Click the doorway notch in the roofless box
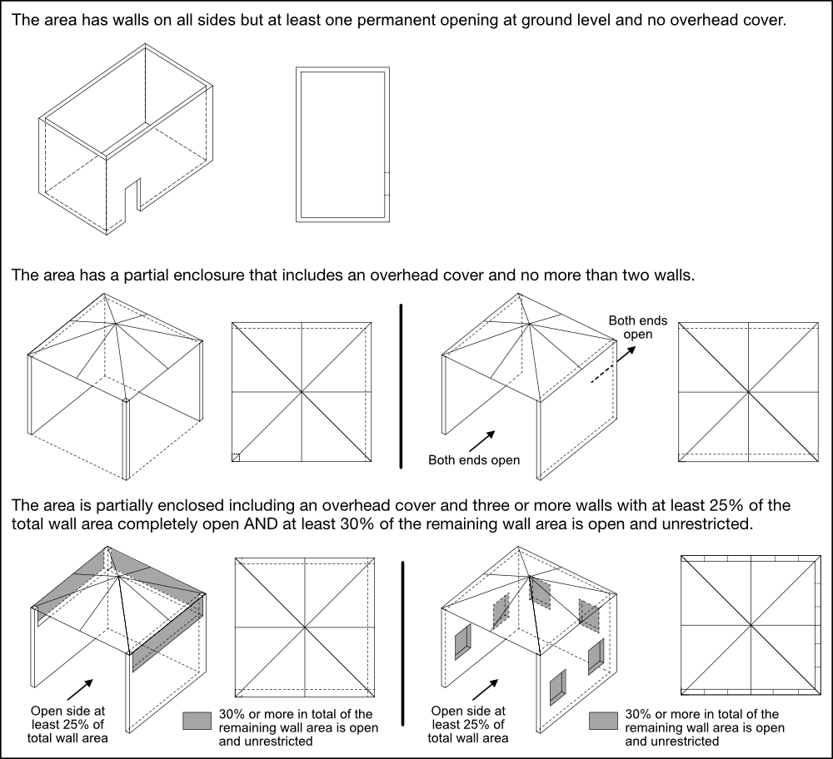pyautogui.click(x=132, y=195)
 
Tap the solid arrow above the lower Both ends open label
pyautogui.click(x=481, y=440)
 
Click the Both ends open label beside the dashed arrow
pyautogui.click(x=637, y=327)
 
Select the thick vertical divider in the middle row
pyautogui.click(x=402, y=386)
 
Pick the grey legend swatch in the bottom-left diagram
pyautogui.click(x=197, y=721)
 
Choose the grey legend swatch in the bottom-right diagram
pyautogui.click(x=603, y=721)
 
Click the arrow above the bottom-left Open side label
pyautogui.click(x=80, y=689)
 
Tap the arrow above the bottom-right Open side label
pyautogui.click(x=486, y=689)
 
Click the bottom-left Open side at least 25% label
pyautogui.click(x=67, y=725)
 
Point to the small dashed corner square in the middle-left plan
pyautogui.click(x=236, y=458)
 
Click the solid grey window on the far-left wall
pyautogui.click(x=462, y=642)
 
